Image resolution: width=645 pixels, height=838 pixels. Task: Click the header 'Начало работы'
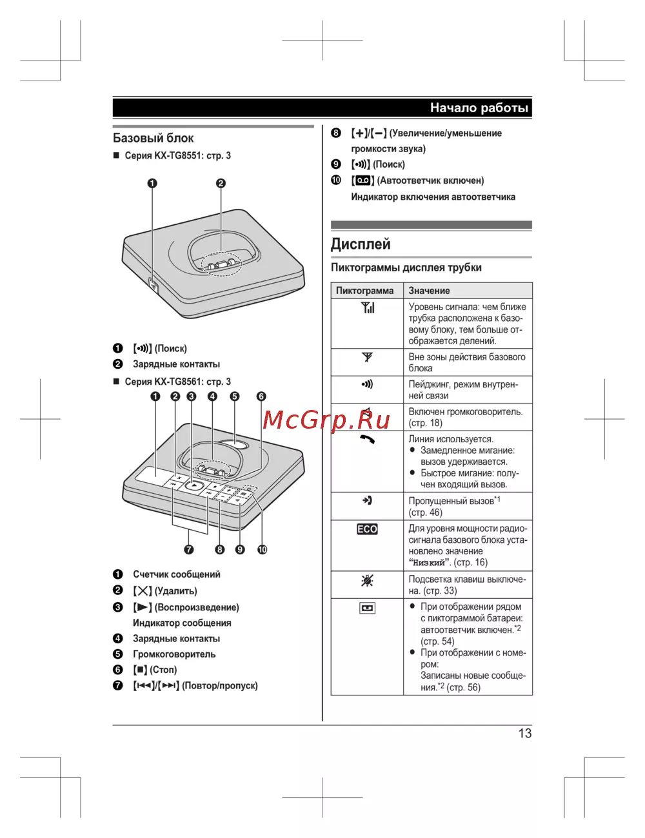[x=479, y=108]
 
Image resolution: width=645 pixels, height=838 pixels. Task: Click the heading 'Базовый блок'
[x=154, y=138]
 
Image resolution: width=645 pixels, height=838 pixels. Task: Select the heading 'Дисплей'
[x=361, y=244]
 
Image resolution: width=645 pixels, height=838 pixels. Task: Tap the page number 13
[x=524, y=733]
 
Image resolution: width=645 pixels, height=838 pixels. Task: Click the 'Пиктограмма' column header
[x=364, y=291]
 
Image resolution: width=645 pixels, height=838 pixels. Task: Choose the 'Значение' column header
[x=429, y=291]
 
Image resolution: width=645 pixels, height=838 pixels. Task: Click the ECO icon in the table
[x=367, y=529]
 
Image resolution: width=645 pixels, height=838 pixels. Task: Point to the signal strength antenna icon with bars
[x=367, y=307]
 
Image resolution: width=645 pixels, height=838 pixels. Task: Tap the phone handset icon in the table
[x=367, y=440]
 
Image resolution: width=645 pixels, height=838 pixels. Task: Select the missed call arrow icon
[x=367, y=500]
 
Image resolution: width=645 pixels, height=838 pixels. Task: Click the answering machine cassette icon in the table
[x=367, y=608]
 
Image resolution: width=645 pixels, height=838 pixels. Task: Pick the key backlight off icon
[x=367, y=581]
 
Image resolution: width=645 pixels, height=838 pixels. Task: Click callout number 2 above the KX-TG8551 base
[x=221, y=183]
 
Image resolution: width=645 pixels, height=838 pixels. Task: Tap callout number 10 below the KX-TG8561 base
[x=262, y=549]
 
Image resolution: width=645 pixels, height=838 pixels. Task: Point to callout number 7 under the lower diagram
[x=189, y=549]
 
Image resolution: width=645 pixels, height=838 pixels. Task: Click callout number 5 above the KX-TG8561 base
[x=234, y=396]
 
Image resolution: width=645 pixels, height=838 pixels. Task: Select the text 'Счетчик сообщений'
[x=177, y=574]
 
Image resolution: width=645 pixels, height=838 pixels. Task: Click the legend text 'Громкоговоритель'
[x=174, y=654]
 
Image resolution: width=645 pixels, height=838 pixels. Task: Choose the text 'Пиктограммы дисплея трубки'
[x=406, y=268]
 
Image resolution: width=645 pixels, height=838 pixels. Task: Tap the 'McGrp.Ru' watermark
[x=326, y=420]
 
